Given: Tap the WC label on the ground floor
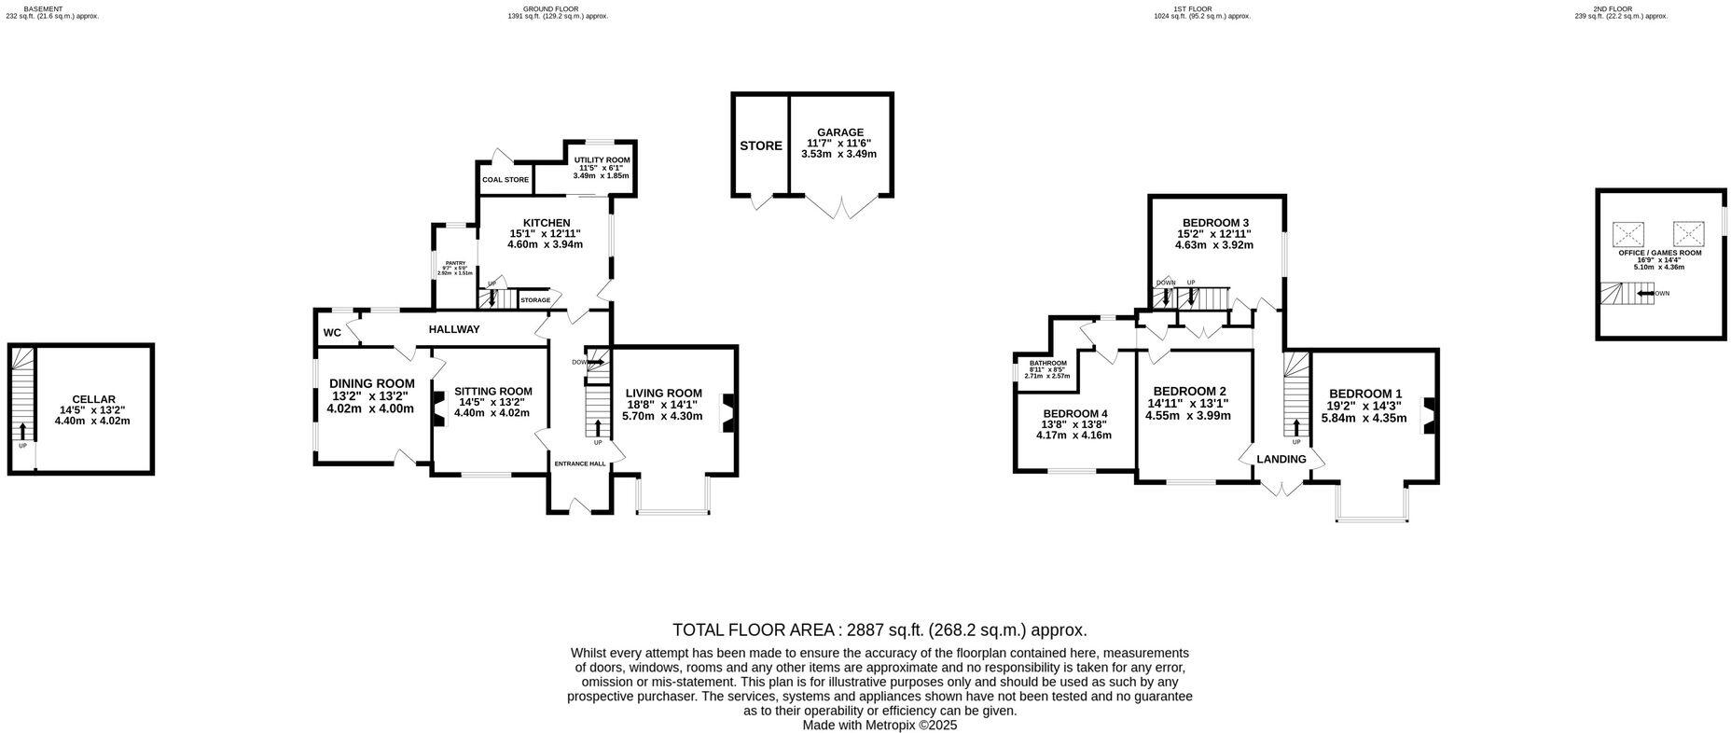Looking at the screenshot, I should coord(332,333).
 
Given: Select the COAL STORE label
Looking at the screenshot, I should coord(505,180).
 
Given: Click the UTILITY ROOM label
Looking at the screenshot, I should coord(602,160).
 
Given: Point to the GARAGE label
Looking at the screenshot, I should coord(839,132).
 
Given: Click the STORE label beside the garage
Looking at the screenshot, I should coord(760,146).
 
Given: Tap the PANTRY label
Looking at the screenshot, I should coord(455,263).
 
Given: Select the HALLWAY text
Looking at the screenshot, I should coord(454,329).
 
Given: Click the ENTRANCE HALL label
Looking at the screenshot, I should coord(579,463).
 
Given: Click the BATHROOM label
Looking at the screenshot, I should coord(1047,363).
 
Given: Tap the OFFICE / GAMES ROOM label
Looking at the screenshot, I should coord(1659,253).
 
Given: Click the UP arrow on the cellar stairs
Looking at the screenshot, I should coord(22,431).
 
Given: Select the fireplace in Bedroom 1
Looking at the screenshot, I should coord(1428,415).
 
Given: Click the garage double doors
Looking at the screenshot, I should coord(843,206).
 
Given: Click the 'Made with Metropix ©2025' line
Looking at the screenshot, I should coord(879,725).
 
